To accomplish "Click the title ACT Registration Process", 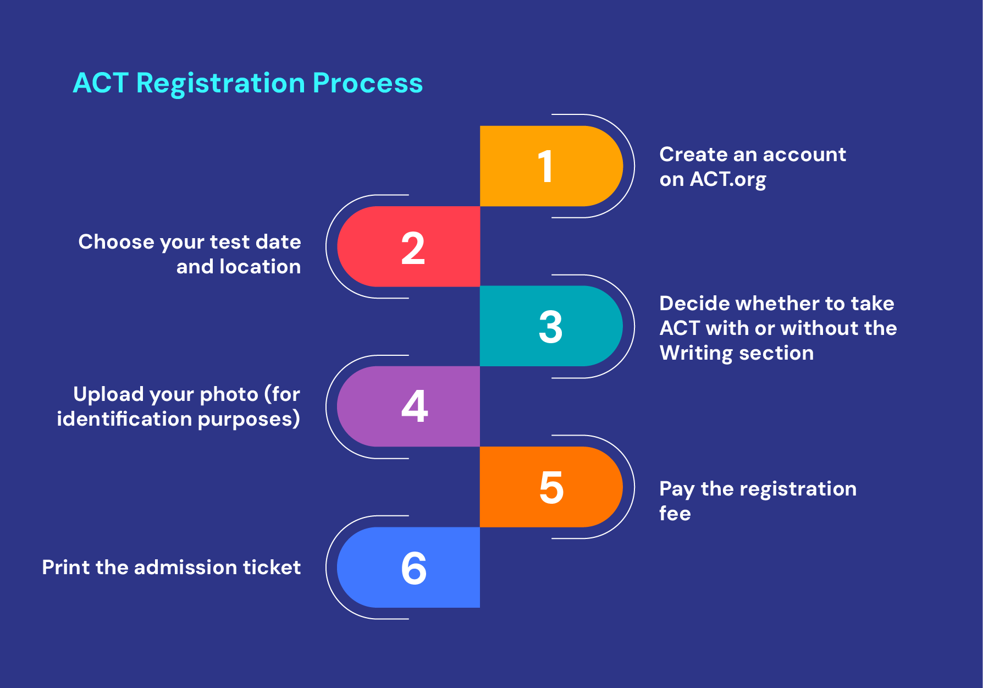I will click(x=247, y=84).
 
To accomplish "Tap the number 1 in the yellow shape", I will click(x=545, y=166).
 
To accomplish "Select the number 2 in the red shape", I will click(x=413, y=248).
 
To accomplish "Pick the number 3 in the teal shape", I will click(x=550, y=327).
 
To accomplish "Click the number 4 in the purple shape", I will click(x=415, y=406).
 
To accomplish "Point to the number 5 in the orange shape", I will click(x=551, y=487).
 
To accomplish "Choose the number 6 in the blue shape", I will click(x=414, y=568).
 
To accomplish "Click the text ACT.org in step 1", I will click(x=728, y=179).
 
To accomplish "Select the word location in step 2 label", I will click(x=259, y=267).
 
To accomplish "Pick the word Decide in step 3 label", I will click(x=694, y=304).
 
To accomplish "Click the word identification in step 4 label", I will click(x=124, y=419).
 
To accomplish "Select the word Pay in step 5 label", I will click(x=676, y=489).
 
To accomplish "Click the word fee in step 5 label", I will click(x=675, y=514).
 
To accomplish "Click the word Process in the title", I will click(x=367, y=84).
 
